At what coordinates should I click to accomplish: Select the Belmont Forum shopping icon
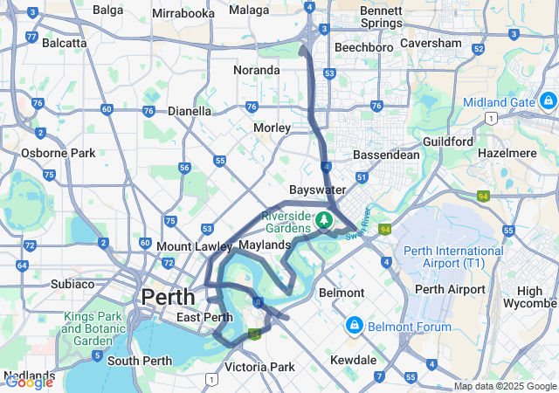coord(354,327)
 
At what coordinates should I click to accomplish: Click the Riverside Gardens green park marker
coord(324,219)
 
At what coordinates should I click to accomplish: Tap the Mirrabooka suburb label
coord(183,14)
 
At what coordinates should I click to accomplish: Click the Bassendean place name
coord(386,155)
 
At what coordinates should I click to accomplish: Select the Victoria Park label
coord(260,368)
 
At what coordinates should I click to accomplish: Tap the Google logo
coord(28,382)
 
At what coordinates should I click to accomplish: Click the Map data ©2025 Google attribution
coord(506,386)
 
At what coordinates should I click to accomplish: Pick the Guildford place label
coord(447,141)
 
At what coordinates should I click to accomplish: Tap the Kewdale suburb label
coord(353,360)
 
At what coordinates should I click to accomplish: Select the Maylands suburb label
coord(264,245)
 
